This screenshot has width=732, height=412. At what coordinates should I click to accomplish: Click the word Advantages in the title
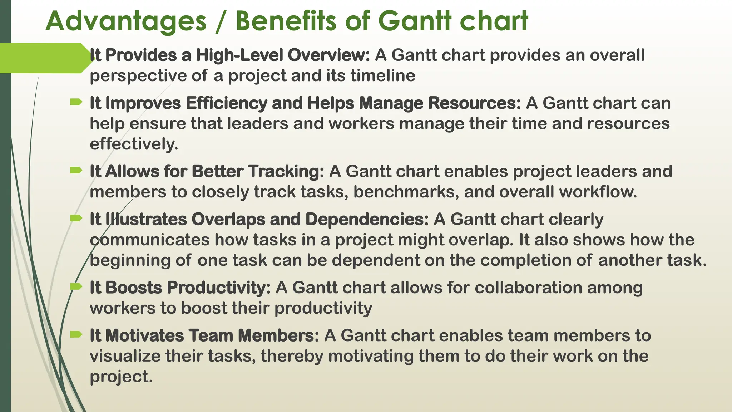click(x=126, y=21)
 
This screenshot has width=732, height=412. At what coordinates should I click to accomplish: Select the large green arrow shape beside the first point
click(x=45, y=58)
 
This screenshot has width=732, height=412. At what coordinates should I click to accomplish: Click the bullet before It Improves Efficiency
click(x=76, y=103)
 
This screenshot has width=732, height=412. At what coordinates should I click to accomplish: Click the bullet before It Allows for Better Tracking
click(x=76, y=171)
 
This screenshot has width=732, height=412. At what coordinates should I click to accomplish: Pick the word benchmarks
click(x=406, y=192)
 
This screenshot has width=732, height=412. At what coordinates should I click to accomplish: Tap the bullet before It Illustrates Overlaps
click(x=76, y=219)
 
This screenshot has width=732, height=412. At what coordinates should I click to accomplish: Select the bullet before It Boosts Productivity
click(x=76, y=286)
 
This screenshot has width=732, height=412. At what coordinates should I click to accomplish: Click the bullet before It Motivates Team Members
click(x=76, y=335)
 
